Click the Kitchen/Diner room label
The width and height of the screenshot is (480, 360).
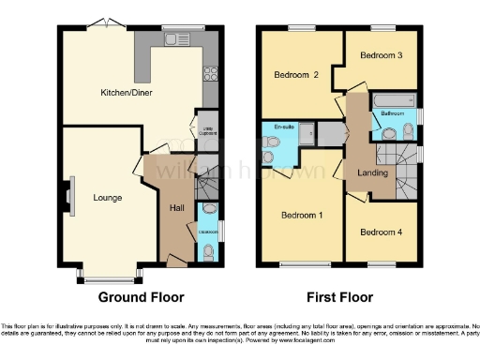127,93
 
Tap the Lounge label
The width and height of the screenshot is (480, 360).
107,198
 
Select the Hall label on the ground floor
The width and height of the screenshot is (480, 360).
176,208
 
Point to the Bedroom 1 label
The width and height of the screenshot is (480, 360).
302,216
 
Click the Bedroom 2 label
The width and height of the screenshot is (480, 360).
296,74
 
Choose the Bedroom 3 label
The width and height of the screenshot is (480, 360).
382,55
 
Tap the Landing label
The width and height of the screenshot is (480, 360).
372,171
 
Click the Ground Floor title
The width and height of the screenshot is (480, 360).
142,298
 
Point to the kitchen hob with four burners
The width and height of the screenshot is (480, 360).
211,73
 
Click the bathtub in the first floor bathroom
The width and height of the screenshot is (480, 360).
392,99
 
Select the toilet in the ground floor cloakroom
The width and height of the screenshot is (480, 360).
207,250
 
